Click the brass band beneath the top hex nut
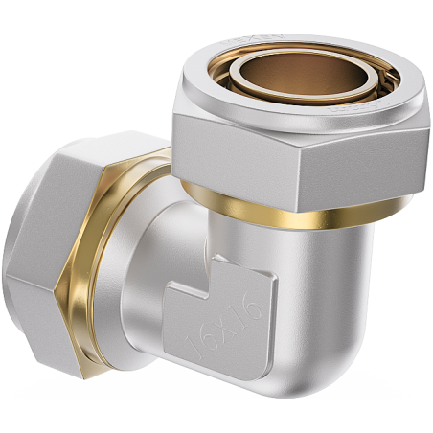point(287,215)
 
